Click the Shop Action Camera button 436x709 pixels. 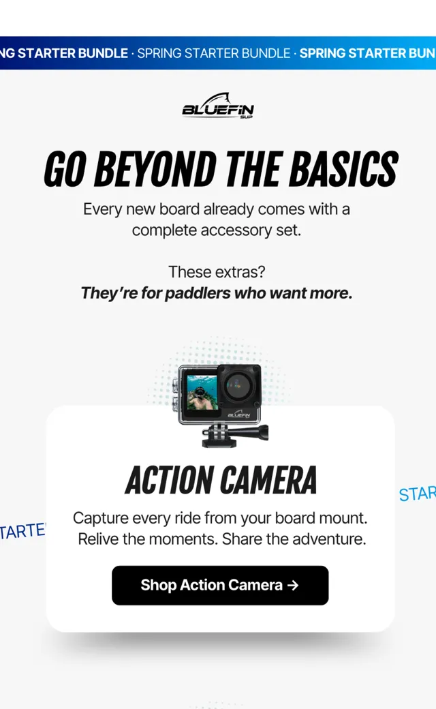220,585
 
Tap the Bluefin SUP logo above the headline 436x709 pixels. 218,106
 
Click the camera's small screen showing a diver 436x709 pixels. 202,393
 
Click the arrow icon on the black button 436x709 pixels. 293,585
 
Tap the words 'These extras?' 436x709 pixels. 217,272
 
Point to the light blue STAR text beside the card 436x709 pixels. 418,494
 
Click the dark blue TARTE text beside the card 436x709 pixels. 22,531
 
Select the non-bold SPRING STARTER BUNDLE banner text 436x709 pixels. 214,53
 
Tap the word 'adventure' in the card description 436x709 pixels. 337,539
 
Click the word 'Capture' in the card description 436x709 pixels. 101,518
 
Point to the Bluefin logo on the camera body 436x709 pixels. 239,414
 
